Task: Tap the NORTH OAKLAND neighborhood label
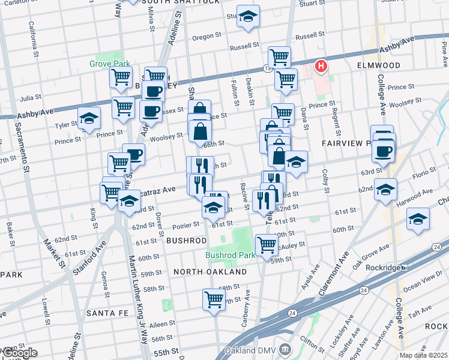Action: point(210,272)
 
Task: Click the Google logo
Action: point(19,353)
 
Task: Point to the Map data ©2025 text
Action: point(424,356)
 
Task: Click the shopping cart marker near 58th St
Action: point(214,299)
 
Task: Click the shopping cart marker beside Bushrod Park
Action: point(267,245)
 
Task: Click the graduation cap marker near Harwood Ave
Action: point(418,220)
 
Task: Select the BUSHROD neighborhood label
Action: point(186,240)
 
